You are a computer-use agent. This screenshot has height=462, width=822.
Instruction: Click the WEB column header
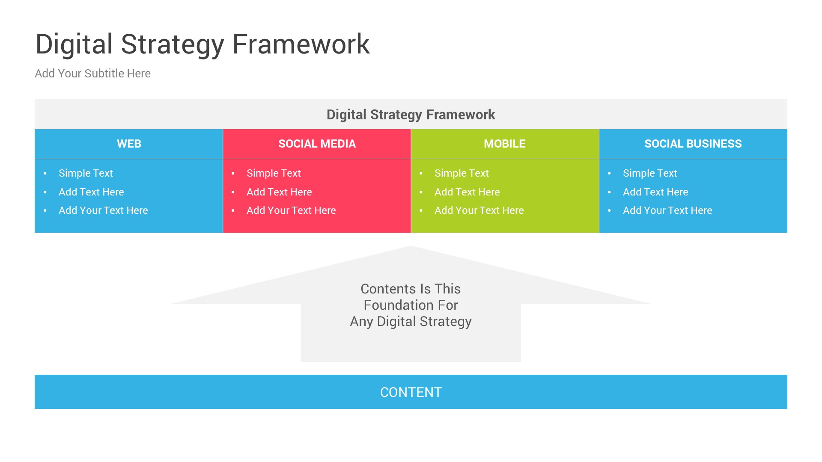[x=129, y=144]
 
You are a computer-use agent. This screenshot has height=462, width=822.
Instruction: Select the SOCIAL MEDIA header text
[x=317, y=144]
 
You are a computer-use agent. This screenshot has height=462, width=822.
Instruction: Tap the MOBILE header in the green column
[x=504, y=144]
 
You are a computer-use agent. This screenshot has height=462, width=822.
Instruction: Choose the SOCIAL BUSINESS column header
[x=693, y=144]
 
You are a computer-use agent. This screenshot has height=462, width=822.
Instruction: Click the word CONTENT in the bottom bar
[x=411, y=392]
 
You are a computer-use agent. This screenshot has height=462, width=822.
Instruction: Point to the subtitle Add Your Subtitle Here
[x=92, y=74]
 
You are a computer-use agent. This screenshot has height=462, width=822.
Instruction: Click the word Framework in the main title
[x=301, y=44]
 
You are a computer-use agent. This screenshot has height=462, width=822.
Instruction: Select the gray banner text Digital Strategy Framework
[x=411, y=115]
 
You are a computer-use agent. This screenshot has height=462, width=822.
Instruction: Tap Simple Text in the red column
[x=274, y=173]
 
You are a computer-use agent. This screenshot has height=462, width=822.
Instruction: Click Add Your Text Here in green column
[x=479, y=210]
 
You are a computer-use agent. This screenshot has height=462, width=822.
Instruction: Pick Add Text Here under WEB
[x=91, y=192]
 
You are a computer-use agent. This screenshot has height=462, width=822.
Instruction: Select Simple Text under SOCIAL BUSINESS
[x=649, y=173]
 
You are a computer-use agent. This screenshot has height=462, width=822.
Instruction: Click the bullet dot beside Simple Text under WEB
[x=45, y=173]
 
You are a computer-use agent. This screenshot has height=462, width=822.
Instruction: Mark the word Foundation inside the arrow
[x=388, y=305]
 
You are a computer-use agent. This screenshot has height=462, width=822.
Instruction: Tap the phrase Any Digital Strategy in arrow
[x=411, y=321]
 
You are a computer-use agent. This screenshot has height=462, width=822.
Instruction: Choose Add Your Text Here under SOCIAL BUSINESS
[x=667, y=210]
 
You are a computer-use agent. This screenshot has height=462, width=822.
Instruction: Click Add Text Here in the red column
[x=279, y=192]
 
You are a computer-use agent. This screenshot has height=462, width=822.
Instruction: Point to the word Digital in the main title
[x=74, y=44]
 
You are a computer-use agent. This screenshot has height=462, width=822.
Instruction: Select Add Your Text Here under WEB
[x=103, y=210]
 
